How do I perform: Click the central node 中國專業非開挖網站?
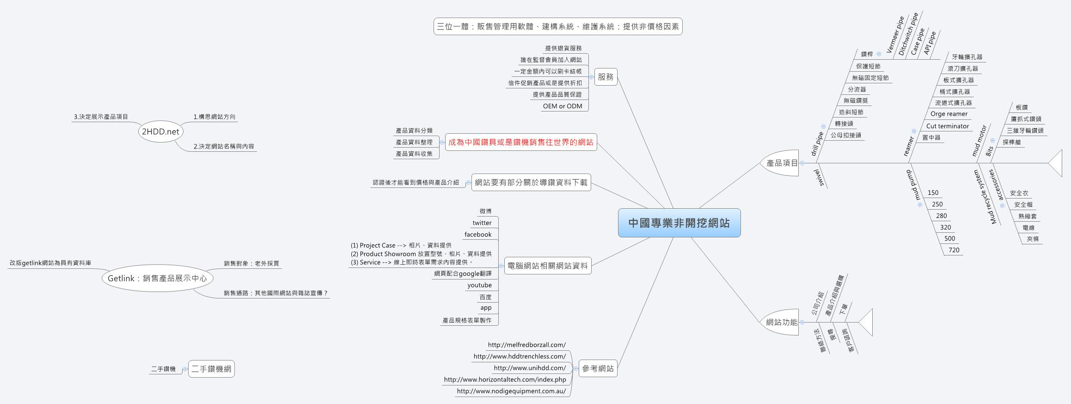679,223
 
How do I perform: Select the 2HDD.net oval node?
160,131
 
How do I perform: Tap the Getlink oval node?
157,278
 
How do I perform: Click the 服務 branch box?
606,77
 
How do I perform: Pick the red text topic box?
520,142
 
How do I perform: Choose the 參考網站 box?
598,368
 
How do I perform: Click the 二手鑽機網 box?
211,369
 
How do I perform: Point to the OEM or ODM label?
562,106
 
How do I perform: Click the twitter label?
482,223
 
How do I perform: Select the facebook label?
478,234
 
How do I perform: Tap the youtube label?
479,285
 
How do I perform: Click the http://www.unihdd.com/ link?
529,368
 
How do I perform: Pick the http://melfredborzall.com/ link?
526,345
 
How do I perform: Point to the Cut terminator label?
947,126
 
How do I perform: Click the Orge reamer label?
949,114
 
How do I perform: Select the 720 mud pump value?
954,250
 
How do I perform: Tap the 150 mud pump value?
933,193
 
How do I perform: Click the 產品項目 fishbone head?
782,163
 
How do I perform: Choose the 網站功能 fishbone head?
781,322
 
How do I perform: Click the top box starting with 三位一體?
558,26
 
